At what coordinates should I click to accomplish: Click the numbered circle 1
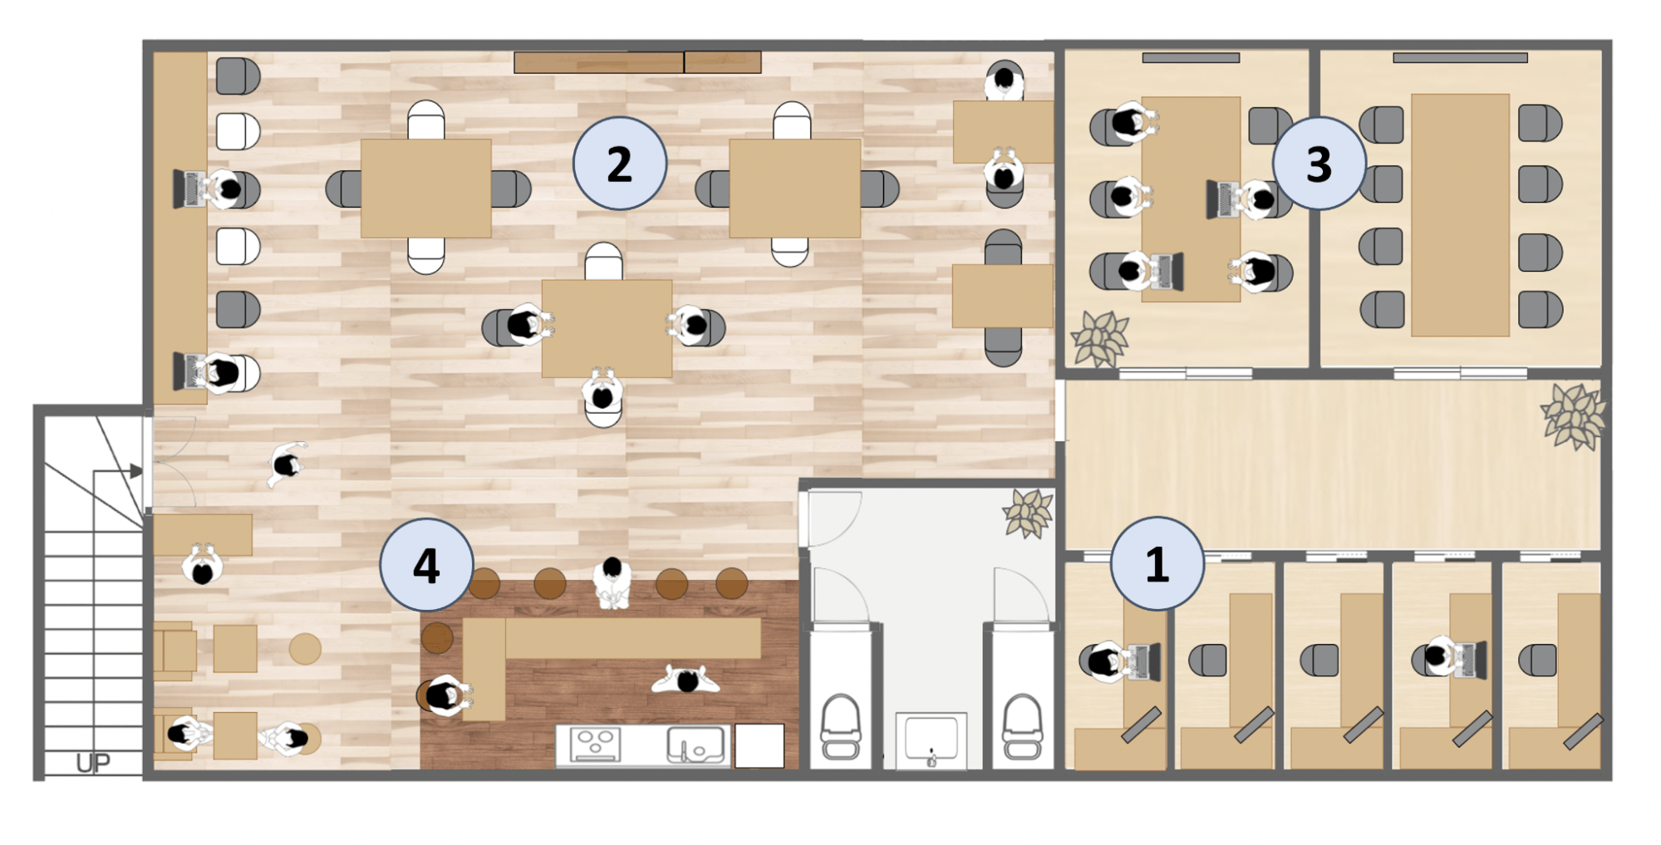(x=1157, y=564)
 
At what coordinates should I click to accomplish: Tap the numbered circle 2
(x=620, y=164)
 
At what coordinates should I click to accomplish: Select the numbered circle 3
(x=1319, y=164)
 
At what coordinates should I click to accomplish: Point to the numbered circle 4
(x=426, y=565)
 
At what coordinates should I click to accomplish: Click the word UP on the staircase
(x=92, y=763)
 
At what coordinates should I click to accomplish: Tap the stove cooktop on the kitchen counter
(x=595, y=744)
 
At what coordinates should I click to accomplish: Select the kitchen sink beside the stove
(x=695, y=744)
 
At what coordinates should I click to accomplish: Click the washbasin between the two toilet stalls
(x=931, y=740)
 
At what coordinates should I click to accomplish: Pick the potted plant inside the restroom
(x=1028, y=513)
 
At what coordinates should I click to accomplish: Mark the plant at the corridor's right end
(x=1573, y=415)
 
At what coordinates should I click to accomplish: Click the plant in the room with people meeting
(x=1099, y=338)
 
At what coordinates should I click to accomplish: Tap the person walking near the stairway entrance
(x=287, y=464)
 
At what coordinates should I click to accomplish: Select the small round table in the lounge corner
(x=305, y=649)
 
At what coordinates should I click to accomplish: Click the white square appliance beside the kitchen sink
(x=759, y=745)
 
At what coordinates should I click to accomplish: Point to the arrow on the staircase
(x=117, y=472)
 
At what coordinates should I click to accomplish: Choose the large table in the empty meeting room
(x=1460, y=215)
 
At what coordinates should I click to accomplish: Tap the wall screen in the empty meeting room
(x=1460, y=58)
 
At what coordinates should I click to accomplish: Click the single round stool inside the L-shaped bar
(x=437, y=638)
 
